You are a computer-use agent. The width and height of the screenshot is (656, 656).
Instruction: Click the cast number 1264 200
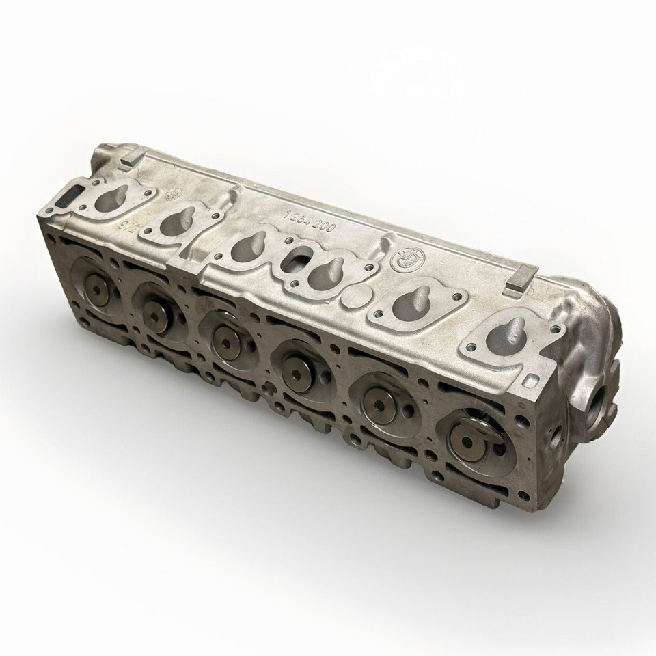point(309,220)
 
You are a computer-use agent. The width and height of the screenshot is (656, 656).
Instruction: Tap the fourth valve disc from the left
point(296,366)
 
